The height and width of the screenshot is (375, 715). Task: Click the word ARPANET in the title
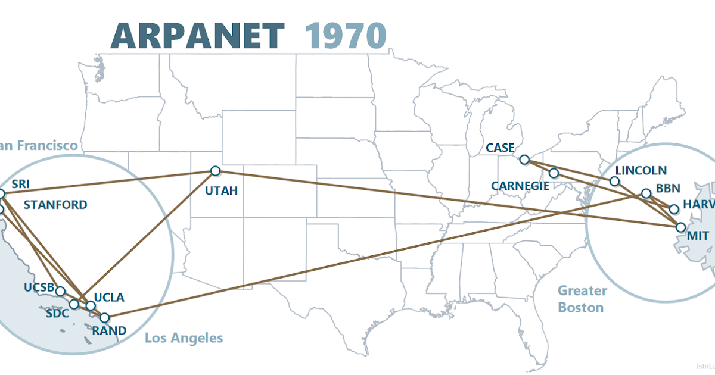click(197, 36)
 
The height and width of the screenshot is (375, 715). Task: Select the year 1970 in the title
click(346, 36)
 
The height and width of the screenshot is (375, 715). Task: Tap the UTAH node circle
click(215, 171)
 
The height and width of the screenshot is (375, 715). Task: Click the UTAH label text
click(221, 191)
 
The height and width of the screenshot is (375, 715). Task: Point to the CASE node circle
click(524, 160)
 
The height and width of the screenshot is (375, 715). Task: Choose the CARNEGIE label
click(520, 186)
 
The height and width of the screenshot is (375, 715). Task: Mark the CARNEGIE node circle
click(554, 173)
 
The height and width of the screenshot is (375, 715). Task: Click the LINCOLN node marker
click(615, 181)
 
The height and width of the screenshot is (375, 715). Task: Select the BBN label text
click(668, 189)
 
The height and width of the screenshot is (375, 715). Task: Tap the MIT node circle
click(680, 227)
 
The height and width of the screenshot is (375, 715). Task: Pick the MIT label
click(698, 236)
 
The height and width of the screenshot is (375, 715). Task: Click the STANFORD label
click(55, 205)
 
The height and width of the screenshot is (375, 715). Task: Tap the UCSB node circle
click(60, 291)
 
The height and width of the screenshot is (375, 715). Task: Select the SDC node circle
click(74, 304)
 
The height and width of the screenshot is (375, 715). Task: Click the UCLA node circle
click(91, 306)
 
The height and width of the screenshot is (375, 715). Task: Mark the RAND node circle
click(104, 318)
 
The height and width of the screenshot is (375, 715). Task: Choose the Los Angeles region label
click(184, 338)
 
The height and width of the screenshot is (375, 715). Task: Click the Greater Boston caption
click(582, 299)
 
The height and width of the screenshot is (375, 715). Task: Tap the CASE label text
click(500, 148)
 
